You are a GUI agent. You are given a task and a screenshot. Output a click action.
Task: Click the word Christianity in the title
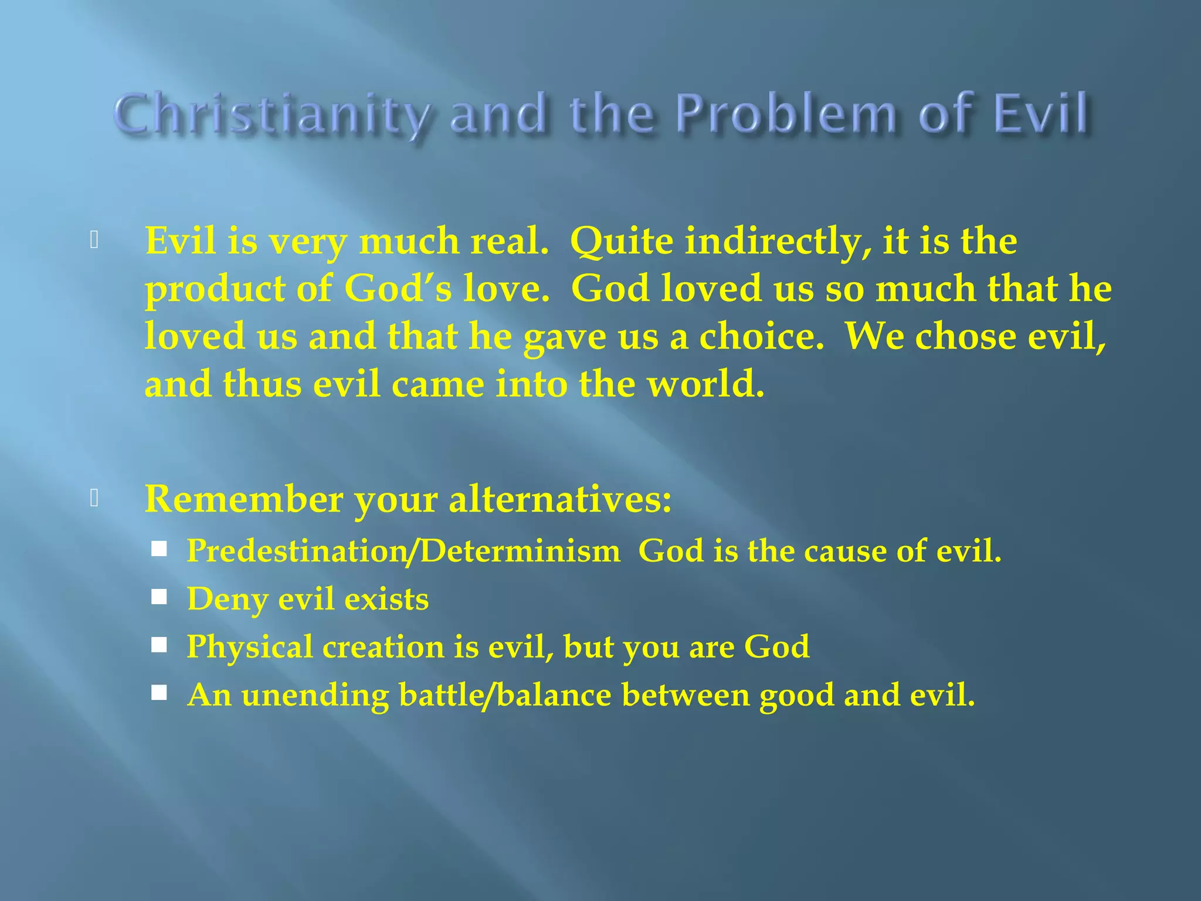click(x=272, y=114)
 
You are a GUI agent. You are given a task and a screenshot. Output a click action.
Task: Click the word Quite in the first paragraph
click(x=622, y=242)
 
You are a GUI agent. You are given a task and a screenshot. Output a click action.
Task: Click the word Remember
click(x=243, y=500)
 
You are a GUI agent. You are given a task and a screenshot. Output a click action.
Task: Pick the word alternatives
click(x=560, y=500)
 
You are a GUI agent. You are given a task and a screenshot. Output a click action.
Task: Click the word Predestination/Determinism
click(x=403, y=551)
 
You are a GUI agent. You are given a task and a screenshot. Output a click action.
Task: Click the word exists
click(x=386, y=599)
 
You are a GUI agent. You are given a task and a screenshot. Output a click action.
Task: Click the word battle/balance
click(x=505, y=695)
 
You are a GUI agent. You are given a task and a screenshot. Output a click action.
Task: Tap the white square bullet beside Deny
click(x=159, y=597)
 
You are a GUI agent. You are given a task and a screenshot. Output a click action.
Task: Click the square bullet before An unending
click(x=159, y=693)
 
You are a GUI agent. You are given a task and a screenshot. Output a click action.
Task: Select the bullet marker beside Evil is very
click(x=94, y=240)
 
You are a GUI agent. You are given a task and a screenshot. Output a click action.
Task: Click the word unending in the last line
click(x=315, y=695)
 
